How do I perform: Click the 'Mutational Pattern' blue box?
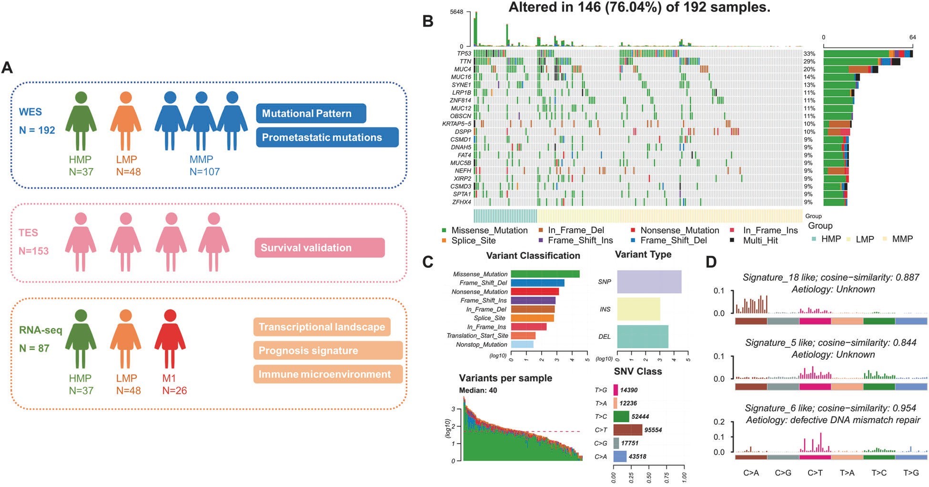311,113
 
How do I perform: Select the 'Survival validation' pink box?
319,248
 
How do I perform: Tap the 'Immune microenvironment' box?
328,374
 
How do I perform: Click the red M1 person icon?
170,338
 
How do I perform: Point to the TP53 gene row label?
464,53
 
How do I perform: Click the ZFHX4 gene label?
462,202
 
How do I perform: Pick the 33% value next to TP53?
809,53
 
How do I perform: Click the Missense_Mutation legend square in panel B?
444,230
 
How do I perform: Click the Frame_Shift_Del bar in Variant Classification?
537,283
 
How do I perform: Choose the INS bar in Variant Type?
638,309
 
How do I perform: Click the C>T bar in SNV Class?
627,430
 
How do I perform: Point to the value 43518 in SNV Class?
637,457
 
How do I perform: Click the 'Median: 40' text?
478,390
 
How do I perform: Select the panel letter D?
711,262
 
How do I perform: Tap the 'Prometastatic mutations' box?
327,137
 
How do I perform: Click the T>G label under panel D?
911,473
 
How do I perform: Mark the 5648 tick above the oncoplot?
456,12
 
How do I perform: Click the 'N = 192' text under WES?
37,130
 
